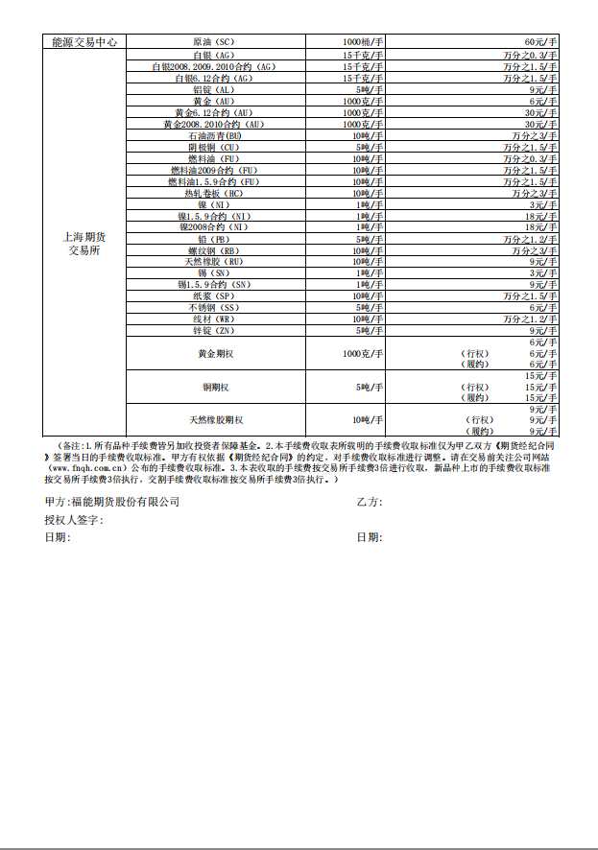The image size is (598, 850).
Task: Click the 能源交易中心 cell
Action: point(84,43)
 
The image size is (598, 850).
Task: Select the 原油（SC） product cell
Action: point(213,43)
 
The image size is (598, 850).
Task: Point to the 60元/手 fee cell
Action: point(541,43)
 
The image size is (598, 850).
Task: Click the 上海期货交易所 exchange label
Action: point(84,243)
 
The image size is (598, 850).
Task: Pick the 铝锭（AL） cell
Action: point(213,89)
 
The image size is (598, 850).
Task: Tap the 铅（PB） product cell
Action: point(213,239)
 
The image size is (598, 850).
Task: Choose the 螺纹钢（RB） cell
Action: point(213,250)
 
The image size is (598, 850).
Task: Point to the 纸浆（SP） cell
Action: point(213,296)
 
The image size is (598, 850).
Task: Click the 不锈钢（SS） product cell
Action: point(213,308)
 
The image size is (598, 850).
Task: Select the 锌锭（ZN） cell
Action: point(213,331)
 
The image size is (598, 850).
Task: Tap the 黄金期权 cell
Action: point(213,354)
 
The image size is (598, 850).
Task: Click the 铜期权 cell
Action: point(213,388)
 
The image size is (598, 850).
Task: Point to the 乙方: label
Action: point(370,502)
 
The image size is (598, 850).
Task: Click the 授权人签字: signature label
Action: point(74,520)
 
